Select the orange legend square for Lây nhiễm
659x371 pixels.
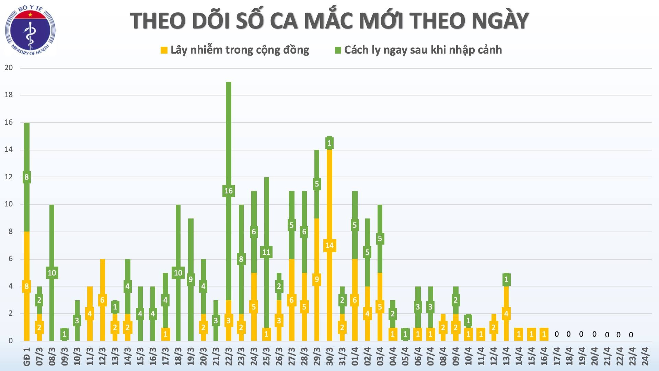(164, 50)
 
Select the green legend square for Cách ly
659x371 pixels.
(338, 50)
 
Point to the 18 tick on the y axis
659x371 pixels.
(9, 95)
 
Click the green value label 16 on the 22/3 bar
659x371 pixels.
(229, 191)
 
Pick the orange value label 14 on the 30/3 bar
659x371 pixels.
(329, 245)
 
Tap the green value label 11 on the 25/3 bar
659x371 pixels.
(266, 252)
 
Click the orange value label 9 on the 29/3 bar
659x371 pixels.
(317, 279)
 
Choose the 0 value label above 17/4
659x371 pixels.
(556, 334)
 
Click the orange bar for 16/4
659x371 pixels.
(544, 334)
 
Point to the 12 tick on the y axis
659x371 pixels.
(9, 177)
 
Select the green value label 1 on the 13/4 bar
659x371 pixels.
(506, 280)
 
